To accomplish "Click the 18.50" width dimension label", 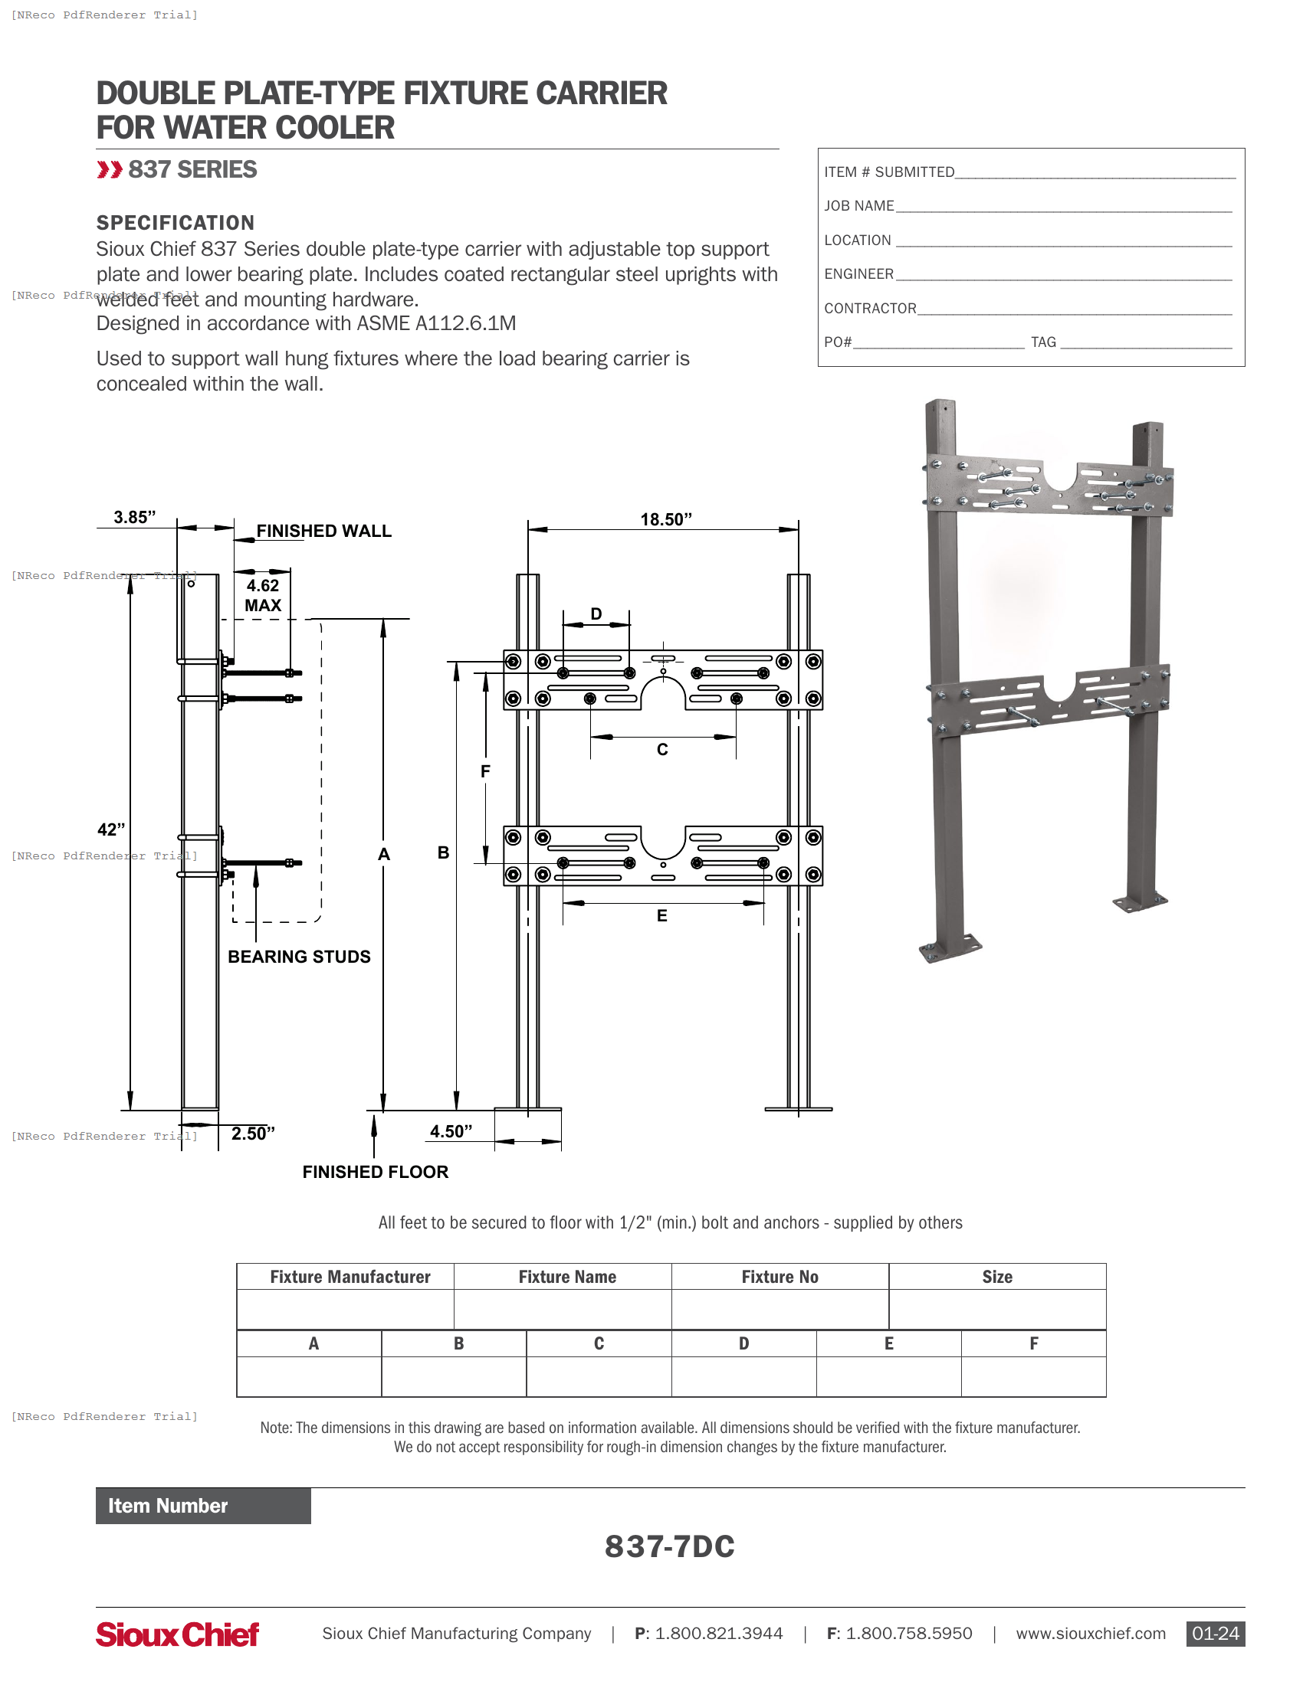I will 665,519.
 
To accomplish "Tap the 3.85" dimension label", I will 134,517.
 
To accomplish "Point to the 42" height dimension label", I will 110,829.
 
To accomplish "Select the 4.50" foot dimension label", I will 451,1131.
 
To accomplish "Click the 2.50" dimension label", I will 252,1134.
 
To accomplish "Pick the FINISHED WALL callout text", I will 323,531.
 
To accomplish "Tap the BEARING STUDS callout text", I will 299,957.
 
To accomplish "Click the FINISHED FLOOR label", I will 375,1172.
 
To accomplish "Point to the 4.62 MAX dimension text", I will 262,596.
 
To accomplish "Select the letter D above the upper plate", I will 596,613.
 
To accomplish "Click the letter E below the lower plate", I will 661,916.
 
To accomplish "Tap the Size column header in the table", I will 996,1277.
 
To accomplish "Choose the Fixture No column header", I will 780,1277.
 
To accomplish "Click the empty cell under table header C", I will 599,1376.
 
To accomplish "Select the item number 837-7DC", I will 669,1547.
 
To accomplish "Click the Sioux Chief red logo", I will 177,1634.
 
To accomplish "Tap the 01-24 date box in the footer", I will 1215,1634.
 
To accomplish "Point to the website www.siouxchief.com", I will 1090,1634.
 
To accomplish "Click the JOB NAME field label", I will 858,206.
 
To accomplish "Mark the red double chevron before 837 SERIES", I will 110,170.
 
